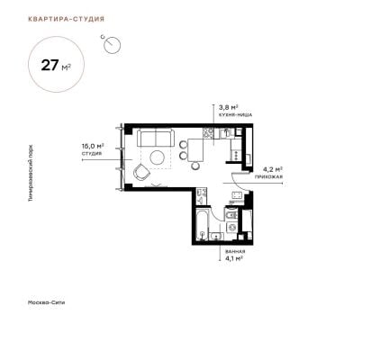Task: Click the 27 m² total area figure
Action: tap(56, 65)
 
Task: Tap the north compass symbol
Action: tap(112, 44)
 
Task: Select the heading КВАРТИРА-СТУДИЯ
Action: tap(66, 19)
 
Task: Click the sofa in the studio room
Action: tap(156, 138)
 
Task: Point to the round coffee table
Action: tap(158, 157)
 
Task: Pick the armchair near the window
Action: tap(141, 173)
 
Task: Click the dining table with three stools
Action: tap(195, 150)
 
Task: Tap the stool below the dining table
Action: tap(195, 166)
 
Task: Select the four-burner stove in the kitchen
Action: tap(208, 133)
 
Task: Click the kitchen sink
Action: tap(225, 133)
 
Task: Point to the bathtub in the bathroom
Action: tap(202, 224)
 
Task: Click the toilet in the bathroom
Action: tap(231, 213)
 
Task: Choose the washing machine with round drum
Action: tap(231, 228)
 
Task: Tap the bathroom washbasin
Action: tap(216, 237)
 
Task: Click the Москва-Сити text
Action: tap(46, 302)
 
